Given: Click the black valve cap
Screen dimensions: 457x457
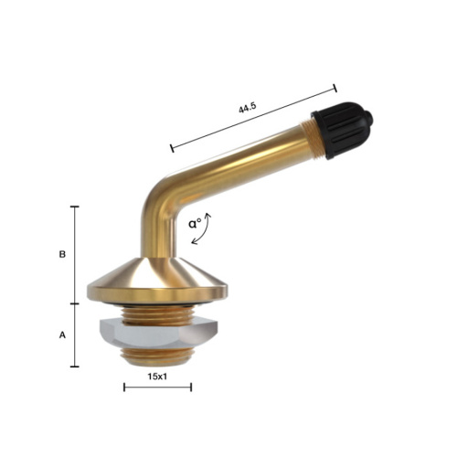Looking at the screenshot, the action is (x=341, y=131).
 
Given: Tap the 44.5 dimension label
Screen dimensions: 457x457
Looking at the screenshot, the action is (x=248, y=108).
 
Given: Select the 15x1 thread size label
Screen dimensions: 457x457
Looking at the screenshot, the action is (x=157, y=377).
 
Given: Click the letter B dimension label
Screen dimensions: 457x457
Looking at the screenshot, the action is (x=62, y=254).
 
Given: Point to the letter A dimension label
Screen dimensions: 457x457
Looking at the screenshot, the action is (x=62, y=335).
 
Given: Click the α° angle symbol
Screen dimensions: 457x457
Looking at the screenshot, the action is (x=195, y=223).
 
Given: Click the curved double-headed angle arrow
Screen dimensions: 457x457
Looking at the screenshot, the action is (x=205, y=230).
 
